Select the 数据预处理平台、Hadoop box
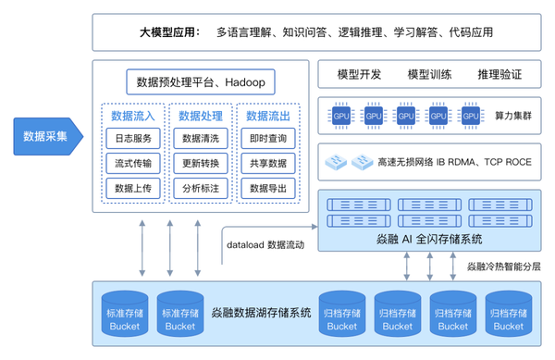[x=201, y=81]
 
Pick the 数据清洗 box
[x=201, y=139]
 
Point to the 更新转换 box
[x=201, y=164]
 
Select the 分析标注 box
[x=201, y=189]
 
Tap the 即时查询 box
[x=268, y=139]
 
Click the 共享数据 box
[x=268, y=164]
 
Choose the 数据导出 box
[x=268, y=189]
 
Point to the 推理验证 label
[x=499, y=74]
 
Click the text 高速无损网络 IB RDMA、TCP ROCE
[x=454, y=162]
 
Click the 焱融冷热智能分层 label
[x=503, y=266]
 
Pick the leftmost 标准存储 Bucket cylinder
[x=126, y=315]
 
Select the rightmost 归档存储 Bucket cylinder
[x=508, y=315]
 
